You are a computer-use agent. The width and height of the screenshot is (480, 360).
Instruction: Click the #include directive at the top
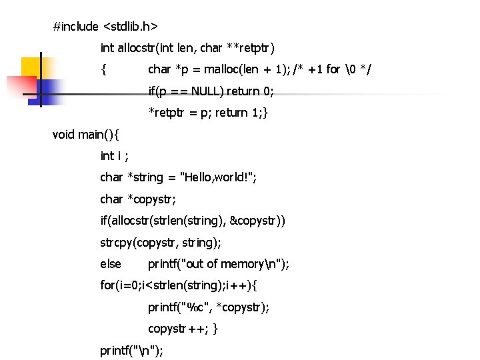(76, 27)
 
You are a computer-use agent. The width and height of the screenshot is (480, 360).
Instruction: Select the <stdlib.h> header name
(131, 27)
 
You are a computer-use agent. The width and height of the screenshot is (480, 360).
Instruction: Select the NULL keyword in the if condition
(207, 91)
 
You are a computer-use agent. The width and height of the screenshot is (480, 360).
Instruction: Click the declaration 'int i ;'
(114, 156)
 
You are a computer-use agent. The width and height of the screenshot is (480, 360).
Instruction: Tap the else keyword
(111, 264)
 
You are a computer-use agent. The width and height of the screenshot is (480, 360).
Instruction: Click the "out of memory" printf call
(219, 264)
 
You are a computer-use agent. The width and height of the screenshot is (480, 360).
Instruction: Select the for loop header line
(179, 286)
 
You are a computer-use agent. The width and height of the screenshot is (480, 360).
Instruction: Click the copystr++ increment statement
(177, 329)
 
